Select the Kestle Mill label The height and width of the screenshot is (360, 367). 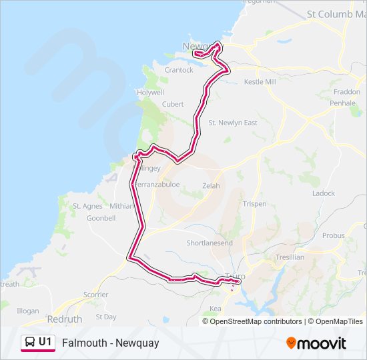click(x=260, y=81)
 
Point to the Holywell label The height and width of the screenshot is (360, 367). click(x=150, y=92)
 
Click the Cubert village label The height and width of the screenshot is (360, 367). click(x=173, y=104)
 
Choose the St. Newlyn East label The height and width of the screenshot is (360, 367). click(x=233, y=123)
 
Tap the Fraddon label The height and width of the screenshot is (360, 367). click(x=346, y=92)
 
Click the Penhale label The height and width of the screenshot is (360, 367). click(x=342, y=103)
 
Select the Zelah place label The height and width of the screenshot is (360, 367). click(x=211, y=186)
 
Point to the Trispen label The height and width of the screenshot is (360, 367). click(x=255, y=204)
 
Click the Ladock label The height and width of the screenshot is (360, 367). click(x=324, y=193)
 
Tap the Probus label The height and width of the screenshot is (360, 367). click(x=333, y=235)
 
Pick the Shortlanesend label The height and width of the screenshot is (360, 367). click(x=210, y=243)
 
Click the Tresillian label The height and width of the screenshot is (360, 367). click(x=290, y=257)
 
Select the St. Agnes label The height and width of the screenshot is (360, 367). click(x=87, y=206)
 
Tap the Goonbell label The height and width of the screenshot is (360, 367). click(x=101, y=218)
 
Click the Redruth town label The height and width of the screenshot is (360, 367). click(x=65, y=320)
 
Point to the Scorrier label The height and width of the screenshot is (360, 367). click(x=96, y=295)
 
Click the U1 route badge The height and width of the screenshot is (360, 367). click(x=38, y=343)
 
